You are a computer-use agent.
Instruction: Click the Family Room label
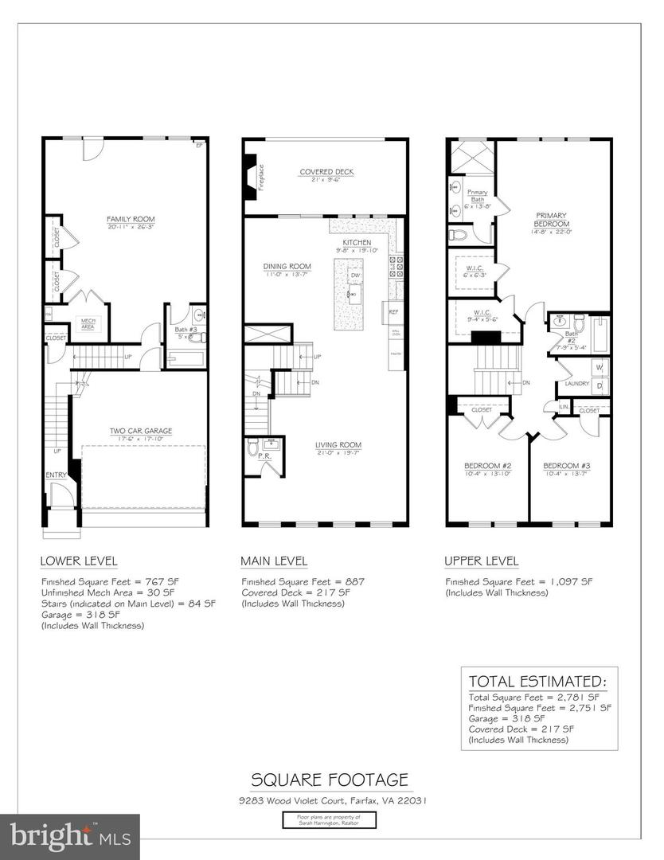tap(131, 219)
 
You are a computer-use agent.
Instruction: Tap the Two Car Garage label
tap(140, 431)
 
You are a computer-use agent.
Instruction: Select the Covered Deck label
tap(326, 172)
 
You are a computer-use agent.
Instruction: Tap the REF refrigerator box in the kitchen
tap(393, 312)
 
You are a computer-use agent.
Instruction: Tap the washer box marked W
tap(599, 368)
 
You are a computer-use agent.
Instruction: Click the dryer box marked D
tap(599, 385)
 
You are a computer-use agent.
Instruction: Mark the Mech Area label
tap(88, 322)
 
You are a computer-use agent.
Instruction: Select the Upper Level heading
tap(481, 561)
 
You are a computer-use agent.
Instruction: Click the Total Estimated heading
tap(537, 682)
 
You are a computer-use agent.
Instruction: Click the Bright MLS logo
tap(70, 836)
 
